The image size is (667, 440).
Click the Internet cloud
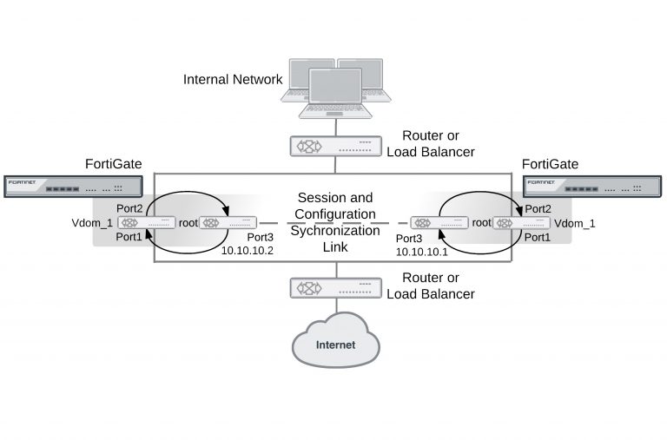tap(335, 344)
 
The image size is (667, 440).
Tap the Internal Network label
tap(233, 80)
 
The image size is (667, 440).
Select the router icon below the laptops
tap(335, 146)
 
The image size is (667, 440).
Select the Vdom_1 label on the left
tap(91, 223)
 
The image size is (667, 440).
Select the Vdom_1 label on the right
tap(575, 223)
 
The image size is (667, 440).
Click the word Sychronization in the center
tap(335, 231)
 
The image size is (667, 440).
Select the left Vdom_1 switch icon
tap(142, 223)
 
